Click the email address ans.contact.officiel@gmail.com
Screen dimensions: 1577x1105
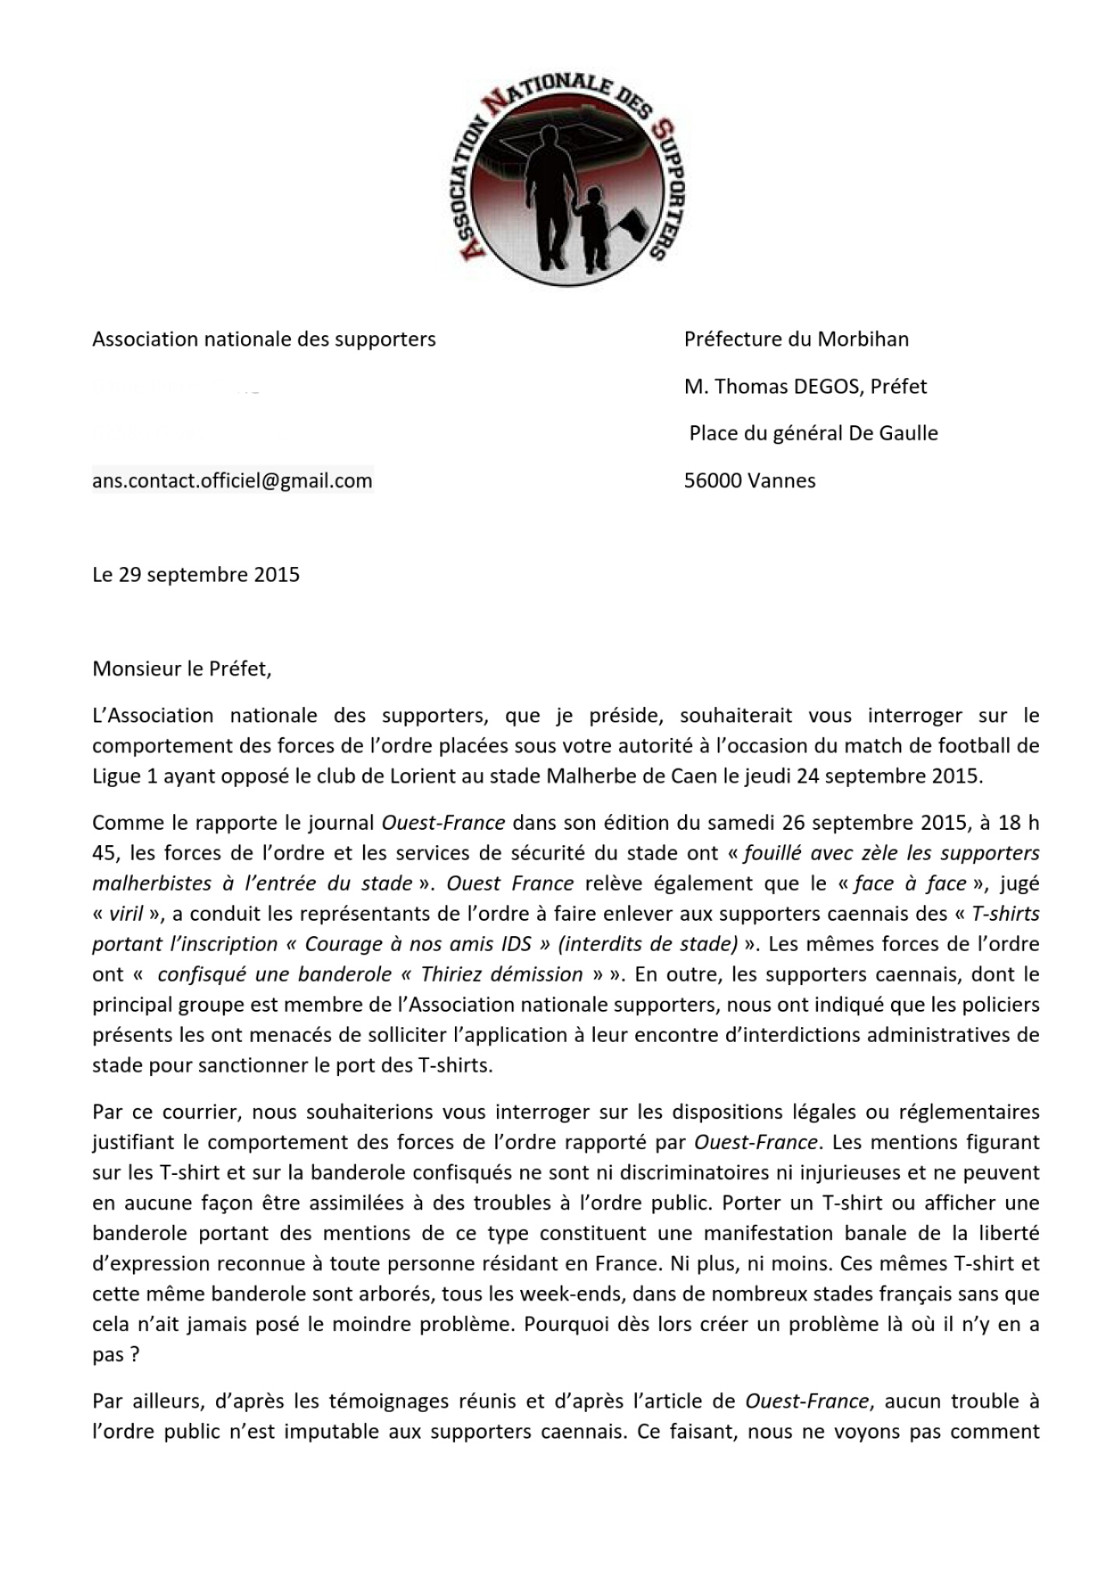point(233,481)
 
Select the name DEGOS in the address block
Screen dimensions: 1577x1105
point(826,386)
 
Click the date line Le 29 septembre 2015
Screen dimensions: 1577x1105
point(196,575)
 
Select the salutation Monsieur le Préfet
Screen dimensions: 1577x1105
point(182,669)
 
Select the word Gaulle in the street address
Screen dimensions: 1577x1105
point(907,433)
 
